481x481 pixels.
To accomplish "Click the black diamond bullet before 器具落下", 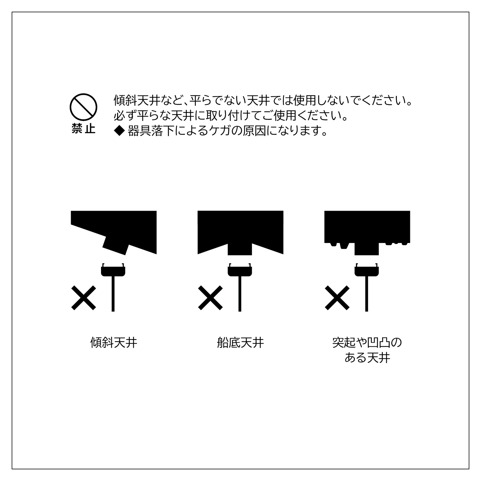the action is coord(119,131).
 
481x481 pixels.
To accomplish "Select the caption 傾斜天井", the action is coord(114,343).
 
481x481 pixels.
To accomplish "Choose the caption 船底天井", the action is coord(240,343).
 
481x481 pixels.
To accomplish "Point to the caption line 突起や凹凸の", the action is coord(367,343).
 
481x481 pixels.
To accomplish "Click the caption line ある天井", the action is coord(367,358).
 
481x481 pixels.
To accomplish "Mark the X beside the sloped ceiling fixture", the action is coord(84,298).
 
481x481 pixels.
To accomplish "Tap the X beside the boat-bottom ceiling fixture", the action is coord(210,298).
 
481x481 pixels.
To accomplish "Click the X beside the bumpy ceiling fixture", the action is coord(337,298).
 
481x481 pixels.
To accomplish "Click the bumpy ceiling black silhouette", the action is coord(367,227).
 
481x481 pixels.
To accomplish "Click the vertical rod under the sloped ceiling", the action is coord(113,294).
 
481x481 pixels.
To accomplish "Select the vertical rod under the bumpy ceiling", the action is coord(367,294).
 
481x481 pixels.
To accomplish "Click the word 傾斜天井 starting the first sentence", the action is coord(137,100).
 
